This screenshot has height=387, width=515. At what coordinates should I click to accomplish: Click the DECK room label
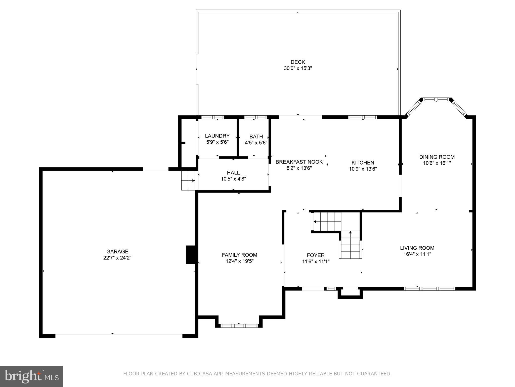(x=298, y=62)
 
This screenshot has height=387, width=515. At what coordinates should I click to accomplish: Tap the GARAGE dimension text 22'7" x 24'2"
(x=117, y=258)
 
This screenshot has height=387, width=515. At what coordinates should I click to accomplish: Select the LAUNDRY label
(x=217, y=136)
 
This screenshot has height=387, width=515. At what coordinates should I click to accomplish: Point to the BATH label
(x=256, y=137)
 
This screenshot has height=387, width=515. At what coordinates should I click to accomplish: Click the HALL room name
(x=233, y=173)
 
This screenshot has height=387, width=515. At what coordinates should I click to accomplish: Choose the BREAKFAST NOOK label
(x=299, y=162)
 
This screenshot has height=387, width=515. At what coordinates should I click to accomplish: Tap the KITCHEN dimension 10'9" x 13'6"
(x=363, y=169)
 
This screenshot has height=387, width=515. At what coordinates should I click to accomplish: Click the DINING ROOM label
(x=437, y=157)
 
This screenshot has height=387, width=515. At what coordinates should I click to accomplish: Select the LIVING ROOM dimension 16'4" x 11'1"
(x=417, y=254)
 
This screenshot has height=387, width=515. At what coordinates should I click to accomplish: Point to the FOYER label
(x=316, y=255)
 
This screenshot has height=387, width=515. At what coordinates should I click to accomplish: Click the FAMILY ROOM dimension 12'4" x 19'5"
(x=239, y=261)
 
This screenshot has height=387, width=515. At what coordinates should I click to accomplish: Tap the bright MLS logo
(x=31, y=376)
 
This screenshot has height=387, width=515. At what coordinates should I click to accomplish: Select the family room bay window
(x=239, y=326)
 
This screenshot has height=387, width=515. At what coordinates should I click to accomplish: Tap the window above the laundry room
(x=212, y=117)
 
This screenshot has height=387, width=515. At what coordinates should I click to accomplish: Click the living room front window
(x=430, y=289)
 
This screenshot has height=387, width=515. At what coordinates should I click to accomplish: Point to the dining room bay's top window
(x=436, y=100)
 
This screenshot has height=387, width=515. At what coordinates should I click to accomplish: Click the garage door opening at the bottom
(x=119, y=336)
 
